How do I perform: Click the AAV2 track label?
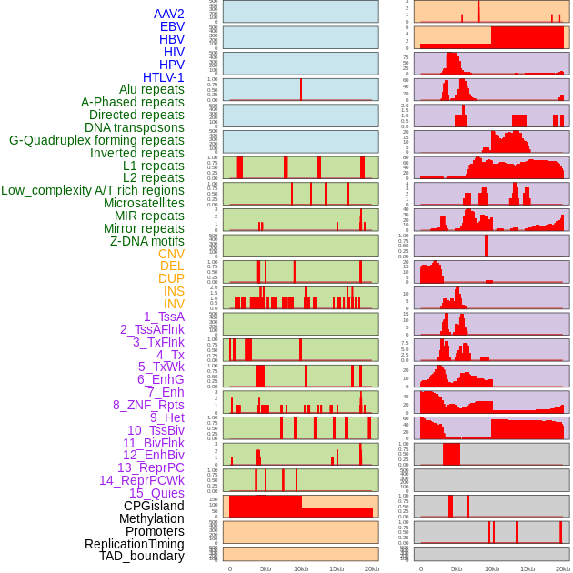pos(169,14)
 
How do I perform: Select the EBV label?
pos(172,26)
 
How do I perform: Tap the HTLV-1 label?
pos(164,77)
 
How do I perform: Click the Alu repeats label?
pos(152,89)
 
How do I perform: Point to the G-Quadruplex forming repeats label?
pos(96,140)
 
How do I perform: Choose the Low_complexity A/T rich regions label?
pos(93,190)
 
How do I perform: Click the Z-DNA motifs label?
pos(146,241)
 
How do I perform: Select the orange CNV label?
pos(171,254)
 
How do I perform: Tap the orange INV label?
pos(174,304)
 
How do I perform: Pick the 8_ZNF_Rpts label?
pos(148,405)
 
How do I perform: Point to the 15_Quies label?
pos(156,493)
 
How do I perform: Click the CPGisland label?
pos(154,506)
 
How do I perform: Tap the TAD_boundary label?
pos(142,556)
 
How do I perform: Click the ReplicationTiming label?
pos(135,544)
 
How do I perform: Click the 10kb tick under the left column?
pos(301,568)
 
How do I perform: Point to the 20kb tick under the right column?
pos(563,568)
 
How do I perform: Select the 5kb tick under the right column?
pos(457,568)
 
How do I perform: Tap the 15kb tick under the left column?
pos(337,568)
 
